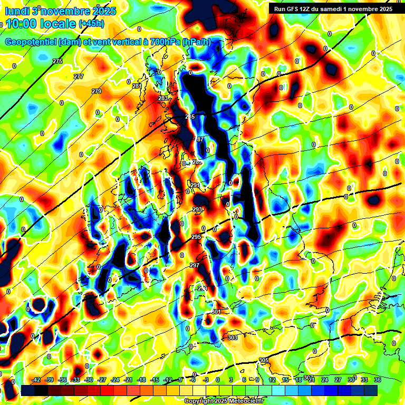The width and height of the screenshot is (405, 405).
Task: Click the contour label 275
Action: (57, 62)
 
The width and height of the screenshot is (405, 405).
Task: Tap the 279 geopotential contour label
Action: (97, 91)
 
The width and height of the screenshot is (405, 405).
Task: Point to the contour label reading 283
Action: (163, 98)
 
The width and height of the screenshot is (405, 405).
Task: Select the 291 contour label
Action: (195, 185)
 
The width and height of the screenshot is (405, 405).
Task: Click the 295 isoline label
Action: (196, 237)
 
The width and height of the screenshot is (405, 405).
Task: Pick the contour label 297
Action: (194, 265)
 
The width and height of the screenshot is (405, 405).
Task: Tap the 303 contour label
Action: (233, 337)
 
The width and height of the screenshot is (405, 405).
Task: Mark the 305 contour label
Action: (264, 360)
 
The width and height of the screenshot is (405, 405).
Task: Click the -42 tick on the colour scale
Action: (36, 380)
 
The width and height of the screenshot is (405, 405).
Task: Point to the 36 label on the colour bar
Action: (378, 380)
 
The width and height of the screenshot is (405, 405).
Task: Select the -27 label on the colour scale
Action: (102, 380)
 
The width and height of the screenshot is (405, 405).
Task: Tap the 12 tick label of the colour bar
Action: (272, 380)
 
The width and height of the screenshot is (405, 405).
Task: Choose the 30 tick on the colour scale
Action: (351, 380)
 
